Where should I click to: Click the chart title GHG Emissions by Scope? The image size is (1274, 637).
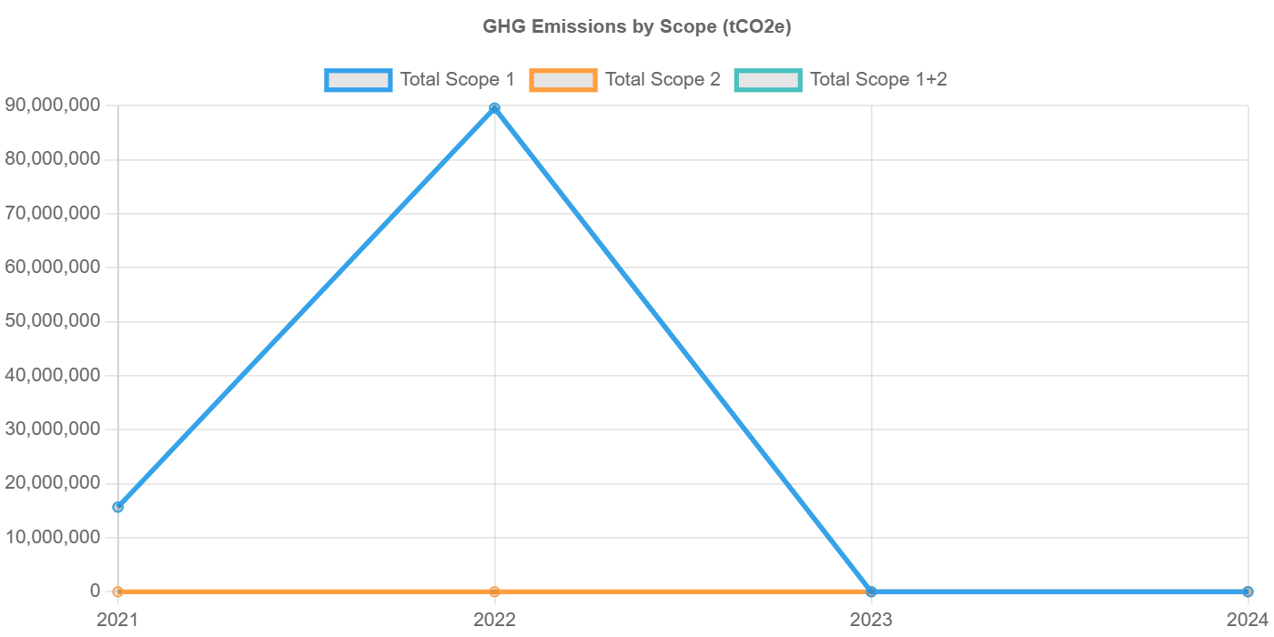(x=637, y=27)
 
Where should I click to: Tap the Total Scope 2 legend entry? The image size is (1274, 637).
(x=625, y=80)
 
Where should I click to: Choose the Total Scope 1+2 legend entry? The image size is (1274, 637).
(x=842, y=80)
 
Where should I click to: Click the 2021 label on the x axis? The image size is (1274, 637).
(x=117, y=620)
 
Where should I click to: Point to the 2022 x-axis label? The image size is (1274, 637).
(x=494, y=620)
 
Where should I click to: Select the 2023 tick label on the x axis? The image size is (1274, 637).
(x=871, y=620)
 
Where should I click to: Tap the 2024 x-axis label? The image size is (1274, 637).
(x=1247, y=620)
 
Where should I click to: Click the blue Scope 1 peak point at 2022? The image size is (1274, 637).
(x=494, y=108)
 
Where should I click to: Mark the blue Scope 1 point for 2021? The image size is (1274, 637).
(x=117, y=507)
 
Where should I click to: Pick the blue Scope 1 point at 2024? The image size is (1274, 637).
(x=1248, y=591)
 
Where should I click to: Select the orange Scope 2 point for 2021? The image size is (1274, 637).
(x=117, y=591)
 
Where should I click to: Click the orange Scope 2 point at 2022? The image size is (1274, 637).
(x=494, y=591)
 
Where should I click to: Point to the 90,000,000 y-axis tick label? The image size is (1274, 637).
(x=52, y=105)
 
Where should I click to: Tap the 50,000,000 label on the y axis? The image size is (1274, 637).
(x=52, y=320)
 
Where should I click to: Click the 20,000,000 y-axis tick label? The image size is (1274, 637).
(x=52, y=482)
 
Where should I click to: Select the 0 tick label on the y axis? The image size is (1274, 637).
(x=95, y=591)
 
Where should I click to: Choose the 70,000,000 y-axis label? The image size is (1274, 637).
(x=52, y=213)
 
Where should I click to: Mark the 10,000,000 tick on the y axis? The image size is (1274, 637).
(x=52, y=537)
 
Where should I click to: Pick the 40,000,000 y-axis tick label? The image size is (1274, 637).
(x=52, y=375)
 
